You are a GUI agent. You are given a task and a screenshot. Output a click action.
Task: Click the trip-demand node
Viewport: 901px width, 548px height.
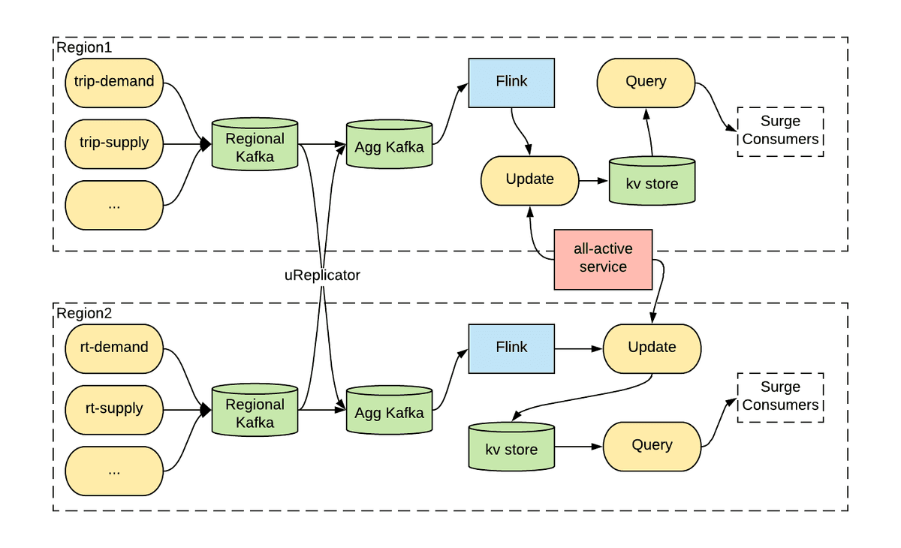click(114, 83)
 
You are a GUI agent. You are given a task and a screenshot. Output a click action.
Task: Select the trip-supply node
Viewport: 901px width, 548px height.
click(114, 144)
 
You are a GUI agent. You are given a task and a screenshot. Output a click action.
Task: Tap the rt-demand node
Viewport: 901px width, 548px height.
click(114, 348)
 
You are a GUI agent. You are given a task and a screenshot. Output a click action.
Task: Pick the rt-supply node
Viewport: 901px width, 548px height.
click(114, 410)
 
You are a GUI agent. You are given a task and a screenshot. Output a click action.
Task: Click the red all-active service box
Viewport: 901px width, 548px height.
click(603, 259)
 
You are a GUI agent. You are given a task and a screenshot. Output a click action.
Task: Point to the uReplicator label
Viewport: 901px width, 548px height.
click(322, 276)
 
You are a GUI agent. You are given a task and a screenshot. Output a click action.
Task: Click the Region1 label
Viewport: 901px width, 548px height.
click(84, 47)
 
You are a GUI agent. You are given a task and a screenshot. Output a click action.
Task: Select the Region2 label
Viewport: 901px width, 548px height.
click(84, 313)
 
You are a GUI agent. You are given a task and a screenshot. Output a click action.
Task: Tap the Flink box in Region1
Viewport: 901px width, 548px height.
click(511, 83)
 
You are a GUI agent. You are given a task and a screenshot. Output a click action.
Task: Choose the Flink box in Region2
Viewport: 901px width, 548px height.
click(511, 348)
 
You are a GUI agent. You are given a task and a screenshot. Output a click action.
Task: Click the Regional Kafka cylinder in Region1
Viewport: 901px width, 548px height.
click(255, 144)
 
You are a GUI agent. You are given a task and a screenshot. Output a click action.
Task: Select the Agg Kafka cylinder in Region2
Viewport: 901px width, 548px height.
click(390, 410)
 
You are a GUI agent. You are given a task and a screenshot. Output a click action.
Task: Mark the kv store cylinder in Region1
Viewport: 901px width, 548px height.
click(652, 181)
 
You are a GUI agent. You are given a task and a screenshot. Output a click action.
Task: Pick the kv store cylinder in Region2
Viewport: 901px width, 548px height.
click(511, 447)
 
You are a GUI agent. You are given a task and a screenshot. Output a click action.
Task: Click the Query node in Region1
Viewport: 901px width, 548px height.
click(646, 83)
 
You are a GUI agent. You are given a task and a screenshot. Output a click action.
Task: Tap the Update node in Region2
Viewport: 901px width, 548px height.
click(652, 348)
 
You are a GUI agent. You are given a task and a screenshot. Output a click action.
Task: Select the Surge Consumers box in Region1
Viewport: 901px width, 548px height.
click(780, 131)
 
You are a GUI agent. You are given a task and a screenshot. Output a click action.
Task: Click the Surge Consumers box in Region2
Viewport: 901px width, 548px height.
click(780, 398)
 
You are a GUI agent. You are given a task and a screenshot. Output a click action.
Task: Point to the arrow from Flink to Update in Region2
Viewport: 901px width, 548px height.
click(578, 349)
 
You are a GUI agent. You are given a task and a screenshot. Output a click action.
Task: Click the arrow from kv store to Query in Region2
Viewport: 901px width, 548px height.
click(578, 447)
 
